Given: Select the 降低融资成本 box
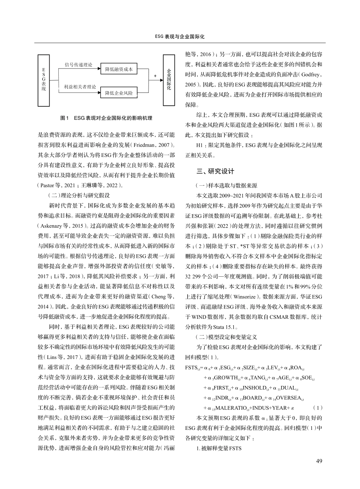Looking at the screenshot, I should tap(119, 69).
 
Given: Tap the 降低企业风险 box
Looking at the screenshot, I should tap(119, 93).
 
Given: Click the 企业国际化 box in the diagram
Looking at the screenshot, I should tap(169, 80).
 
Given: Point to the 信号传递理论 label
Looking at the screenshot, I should tap(78, 65).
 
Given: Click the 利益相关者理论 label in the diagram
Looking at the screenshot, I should tap(80, 87).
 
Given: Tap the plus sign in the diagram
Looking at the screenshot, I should tap(155, 76).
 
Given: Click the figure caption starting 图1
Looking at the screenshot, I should tap(106, 118).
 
